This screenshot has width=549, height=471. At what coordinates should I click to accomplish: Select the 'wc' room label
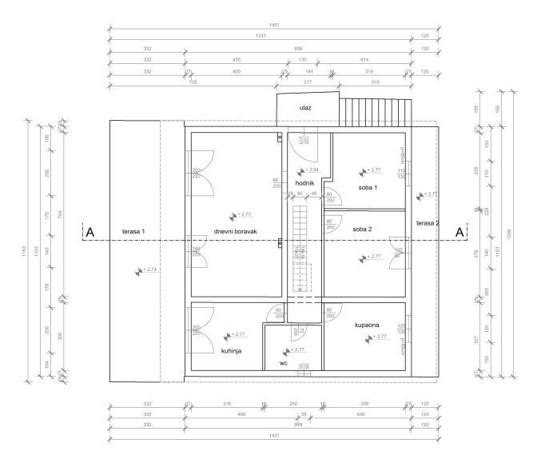[284, 362]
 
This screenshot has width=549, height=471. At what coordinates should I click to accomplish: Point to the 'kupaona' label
[367, 325]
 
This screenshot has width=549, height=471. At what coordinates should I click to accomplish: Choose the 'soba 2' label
[362, 228]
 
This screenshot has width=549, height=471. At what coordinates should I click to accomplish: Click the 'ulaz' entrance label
[305, 107]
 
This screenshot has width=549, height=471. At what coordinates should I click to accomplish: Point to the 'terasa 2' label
[428, 223]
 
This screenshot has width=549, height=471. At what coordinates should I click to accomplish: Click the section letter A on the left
[90, 232]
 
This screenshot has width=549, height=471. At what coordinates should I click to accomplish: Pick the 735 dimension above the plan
[193, 82]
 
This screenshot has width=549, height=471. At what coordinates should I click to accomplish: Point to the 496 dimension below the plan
[240, 415]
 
